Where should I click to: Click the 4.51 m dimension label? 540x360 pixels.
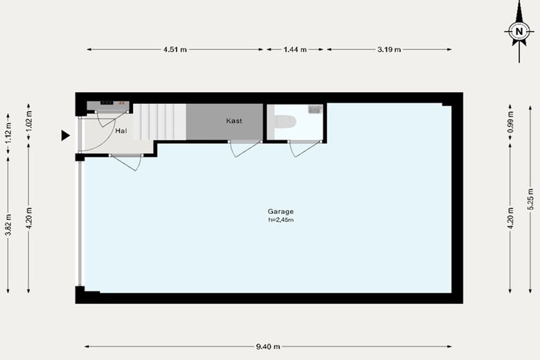pos(175,49)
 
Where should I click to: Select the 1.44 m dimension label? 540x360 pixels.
pos(295,49)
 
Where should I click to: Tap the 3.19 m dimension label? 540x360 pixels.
pos(389,49)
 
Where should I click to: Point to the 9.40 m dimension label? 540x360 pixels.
pos(268,347)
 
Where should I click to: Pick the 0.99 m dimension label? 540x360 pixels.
pos(510,122)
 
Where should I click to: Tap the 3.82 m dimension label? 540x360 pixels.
pos(8,224)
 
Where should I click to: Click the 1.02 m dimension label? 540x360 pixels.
pos(29,121)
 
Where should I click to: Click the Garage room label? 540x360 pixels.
pos(280,212)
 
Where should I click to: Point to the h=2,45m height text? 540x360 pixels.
pos(281,219)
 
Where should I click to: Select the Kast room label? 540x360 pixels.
pos(234,121)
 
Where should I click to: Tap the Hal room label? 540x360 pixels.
pos(121,131)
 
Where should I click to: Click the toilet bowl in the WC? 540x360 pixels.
pos(285,122)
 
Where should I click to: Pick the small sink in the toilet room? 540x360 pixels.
pos(315,109)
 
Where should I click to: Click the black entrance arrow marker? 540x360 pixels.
pos(66,136)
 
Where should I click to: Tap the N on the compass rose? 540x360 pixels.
pos(519,32)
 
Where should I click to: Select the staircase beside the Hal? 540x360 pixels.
pos(159,122)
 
